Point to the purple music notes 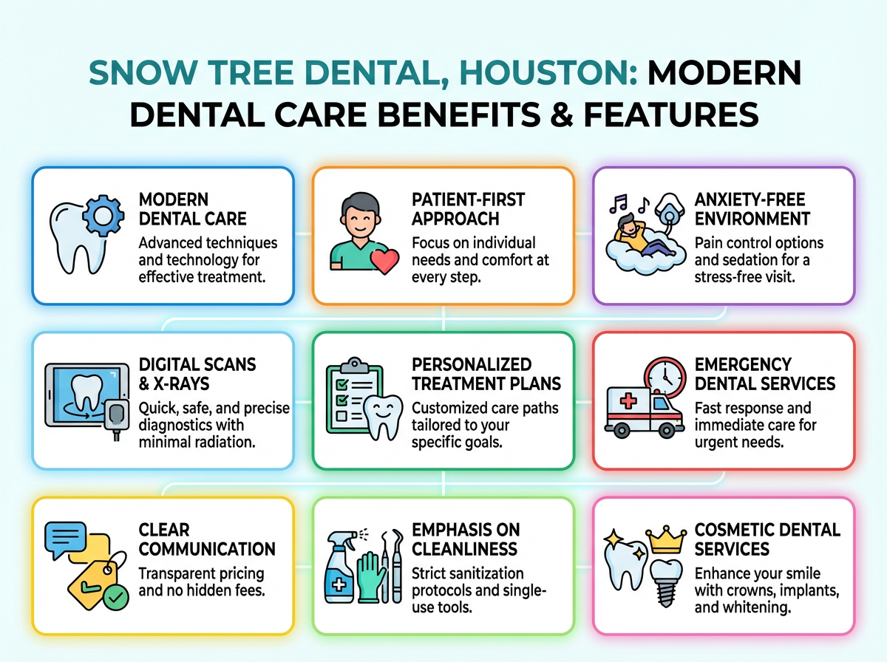pos(619,203)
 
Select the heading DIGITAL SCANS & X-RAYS pos(197,374)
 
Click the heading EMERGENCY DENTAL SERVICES pos(765,374)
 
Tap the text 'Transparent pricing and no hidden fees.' pos(201,582)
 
